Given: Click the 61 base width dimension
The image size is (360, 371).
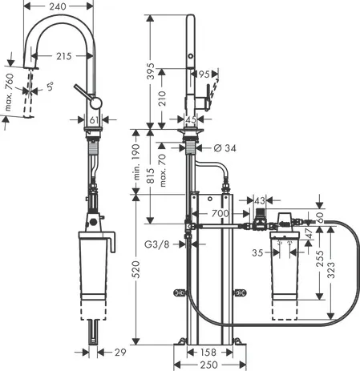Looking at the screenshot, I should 95,121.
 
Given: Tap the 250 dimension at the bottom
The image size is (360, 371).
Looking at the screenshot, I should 211,365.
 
